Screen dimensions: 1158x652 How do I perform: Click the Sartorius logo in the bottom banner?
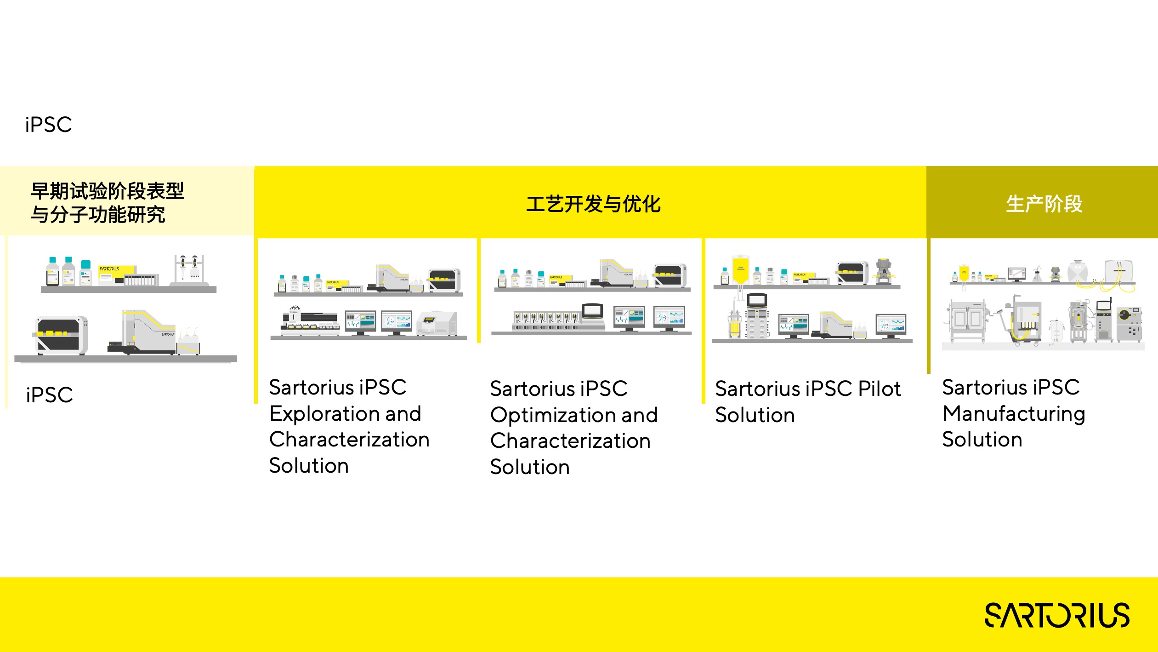coord(1057,615)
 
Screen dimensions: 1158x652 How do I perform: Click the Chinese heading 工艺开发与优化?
coord(593,204)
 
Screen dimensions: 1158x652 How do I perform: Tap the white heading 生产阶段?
coord(1044,204)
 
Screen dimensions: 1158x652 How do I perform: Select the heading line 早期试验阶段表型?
coord(107,191)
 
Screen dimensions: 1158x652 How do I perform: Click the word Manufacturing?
coord(1014,414)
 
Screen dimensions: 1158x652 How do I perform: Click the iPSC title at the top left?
coord(49,125)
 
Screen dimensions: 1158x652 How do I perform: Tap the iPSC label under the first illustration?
coord(49,395)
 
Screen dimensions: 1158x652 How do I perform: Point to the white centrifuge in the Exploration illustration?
coord(437,323)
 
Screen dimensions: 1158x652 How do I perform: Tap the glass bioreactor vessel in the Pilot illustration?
coord(735,325)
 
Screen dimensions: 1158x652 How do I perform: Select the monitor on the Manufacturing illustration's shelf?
coord(1017,274)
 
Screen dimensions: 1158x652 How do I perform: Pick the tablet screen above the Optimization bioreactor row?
coord(593,311)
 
